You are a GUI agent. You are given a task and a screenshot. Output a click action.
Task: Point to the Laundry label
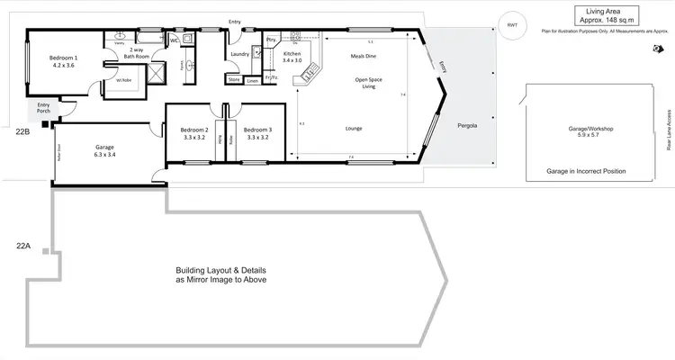(239, 54)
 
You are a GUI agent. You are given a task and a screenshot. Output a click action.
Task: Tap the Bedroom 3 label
(257, 134)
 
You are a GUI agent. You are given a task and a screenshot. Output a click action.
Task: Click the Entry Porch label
(43, 108)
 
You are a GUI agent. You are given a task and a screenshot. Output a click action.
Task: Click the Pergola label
(467, 125)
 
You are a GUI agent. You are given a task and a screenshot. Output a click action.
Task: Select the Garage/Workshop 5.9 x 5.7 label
(590, 132)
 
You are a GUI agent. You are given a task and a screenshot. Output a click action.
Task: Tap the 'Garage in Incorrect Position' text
(586, 170)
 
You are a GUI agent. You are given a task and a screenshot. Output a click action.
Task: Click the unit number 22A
(23, 244)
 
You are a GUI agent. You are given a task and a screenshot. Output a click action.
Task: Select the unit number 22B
(23, 131)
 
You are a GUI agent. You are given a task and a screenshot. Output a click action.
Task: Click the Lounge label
(354, 129)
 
